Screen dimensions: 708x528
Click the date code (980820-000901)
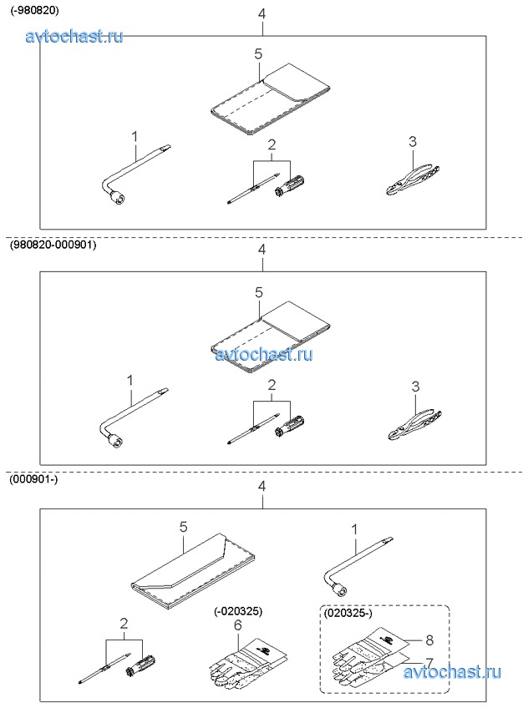click(53, 246)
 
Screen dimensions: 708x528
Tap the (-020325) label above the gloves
click(238, 610)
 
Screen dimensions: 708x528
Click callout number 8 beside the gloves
click(429, 640)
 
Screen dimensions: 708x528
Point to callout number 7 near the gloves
click(429, 662)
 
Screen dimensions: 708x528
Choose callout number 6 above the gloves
click(238, 624)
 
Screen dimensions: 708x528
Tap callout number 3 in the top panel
click(412, 142)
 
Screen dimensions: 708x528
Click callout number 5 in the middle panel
click(258, 293)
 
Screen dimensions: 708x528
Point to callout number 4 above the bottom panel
click(261, 486)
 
